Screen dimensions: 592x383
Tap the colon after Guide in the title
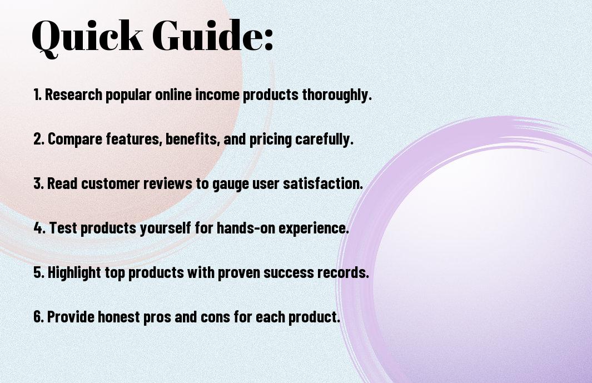click(268, 39)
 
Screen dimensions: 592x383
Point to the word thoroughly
click(337, 95)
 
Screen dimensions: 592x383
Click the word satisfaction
click(323, 183)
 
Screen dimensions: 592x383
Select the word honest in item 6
click(119, 317)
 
